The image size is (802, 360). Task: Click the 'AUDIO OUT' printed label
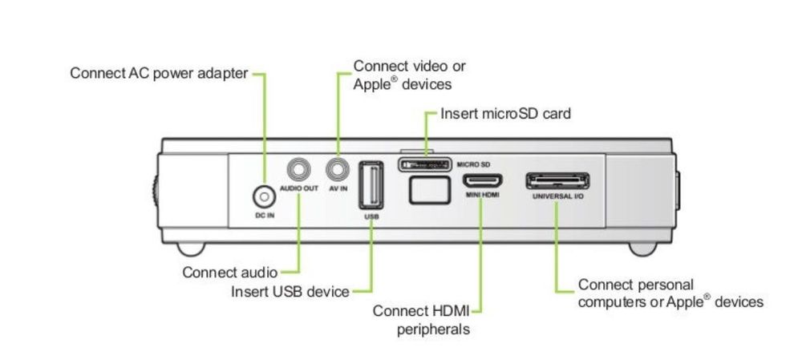click(299, 188)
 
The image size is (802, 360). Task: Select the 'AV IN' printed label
click(338, 188)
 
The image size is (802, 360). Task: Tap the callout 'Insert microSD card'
click(506, 113)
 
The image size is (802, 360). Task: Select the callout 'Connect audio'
click(230, 272)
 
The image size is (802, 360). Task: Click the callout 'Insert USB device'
click(290, 291)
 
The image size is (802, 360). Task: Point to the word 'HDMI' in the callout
click(451, 310)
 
